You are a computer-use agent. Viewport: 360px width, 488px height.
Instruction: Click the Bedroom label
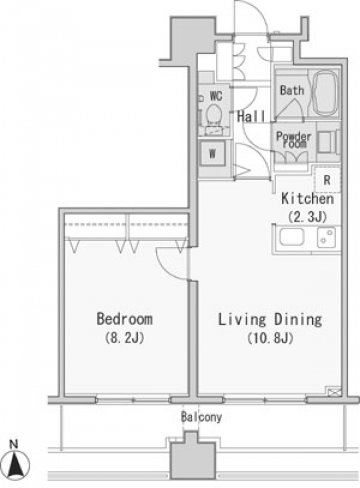(x=125, y=319)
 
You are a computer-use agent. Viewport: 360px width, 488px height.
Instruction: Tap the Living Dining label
(x=270, y=320)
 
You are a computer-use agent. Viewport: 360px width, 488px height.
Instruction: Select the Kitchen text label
(x=307, y=199)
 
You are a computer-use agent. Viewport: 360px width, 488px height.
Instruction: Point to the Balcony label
(x=201, y=417)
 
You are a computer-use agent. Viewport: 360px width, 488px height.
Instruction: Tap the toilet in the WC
(x=213, y=114)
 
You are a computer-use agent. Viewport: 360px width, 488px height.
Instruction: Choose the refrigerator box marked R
(x=327, y=180)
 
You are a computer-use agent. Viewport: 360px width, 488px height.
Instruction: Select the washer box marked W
(x=212, y=154)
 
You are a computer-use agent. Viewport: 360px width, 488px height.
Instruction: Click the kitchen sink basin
(x=292, y=237)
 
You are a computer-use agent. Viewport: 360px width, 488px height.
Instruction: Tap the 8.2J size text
(x=124, y=338)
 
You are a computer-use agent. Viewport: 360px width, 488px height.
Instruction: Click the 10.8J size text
(x=270, y=338)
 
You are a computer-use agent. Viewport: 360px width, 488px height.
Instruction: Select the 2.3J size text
(x=307, y=217)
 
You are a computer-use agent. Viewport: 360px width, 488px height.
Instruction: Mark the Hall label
(x=252, y=116)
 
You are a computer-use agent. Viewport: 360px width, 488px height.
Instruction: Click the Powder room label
(x=294, y=140)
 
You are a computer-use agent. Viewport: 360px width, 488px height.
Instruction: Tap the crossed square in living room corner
(x=334, y=391)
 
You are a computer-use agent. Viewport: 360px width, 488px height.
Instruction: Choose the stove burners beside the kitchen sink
(x=327, y=237)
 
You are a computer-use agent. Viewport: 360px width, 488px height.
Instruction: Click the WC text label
(x=216, y=96)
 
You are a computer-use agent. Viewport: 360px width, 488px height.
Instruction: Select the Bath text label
(x=292, y=90)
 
